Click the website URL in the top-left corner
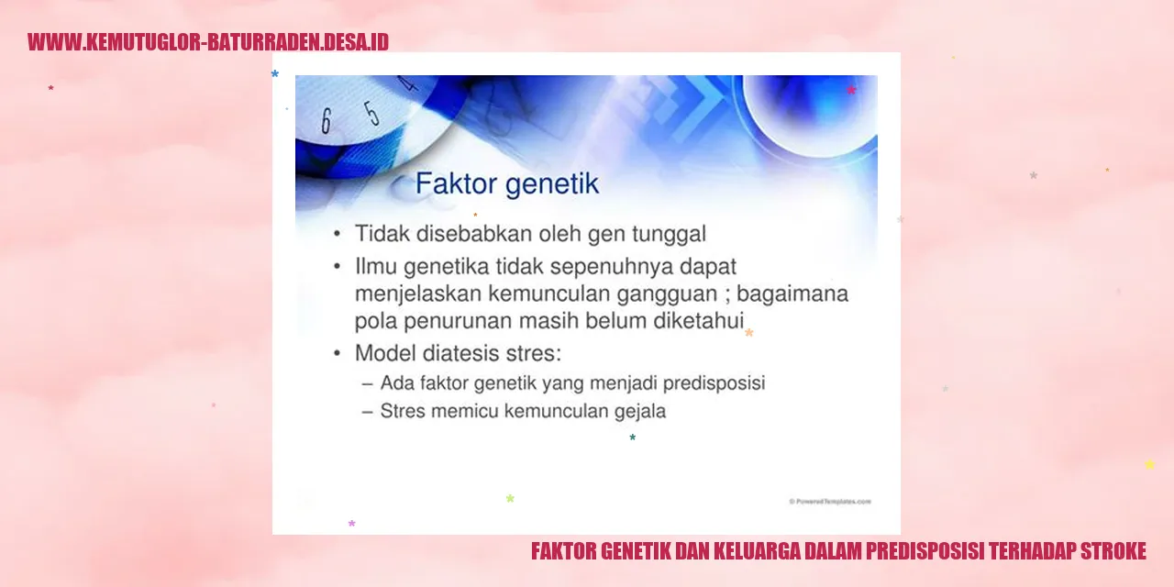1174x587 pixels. tap(208, 42)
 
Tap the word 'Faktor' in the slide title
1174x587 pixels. tap(456, 183)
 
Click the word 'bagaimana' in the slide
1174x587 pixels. tap(792, 294)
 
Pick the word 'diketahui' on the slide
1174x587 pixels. tap(698, 321)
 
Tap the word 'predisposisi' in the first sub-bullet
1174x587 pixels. tap(714, 383)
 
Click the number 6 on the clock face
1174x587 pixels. tap(326, 121)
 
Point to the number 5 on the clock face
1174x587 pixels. tap(371, 113)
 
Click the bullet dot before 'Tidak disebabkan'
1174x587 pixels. tap(337, 234)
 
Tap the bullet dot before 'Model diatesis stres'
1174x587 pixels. tap(337, 354)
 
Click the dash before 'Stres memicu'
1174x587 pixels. tap(368, 412)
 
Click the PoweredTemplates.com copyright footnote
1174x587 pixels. tap(830, 502)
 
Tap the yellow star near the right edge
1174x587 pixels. tap(1150, 464)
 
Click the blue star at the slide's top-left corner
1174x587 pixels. tap(274, 74)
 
